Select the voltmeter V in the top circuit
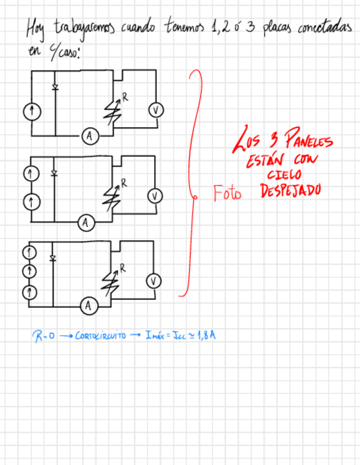pos(155,110)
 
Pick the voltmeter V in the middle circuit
pos(155,196)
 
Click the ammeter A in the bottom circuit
pos(87,306)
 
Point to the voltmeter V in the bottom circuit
pos(155,281)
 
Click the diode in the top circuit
pos(54,88)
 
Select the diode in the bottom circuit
pos(53,258)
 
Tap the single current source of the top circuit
pos(32,112)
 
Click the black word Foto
pos(227,194)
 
